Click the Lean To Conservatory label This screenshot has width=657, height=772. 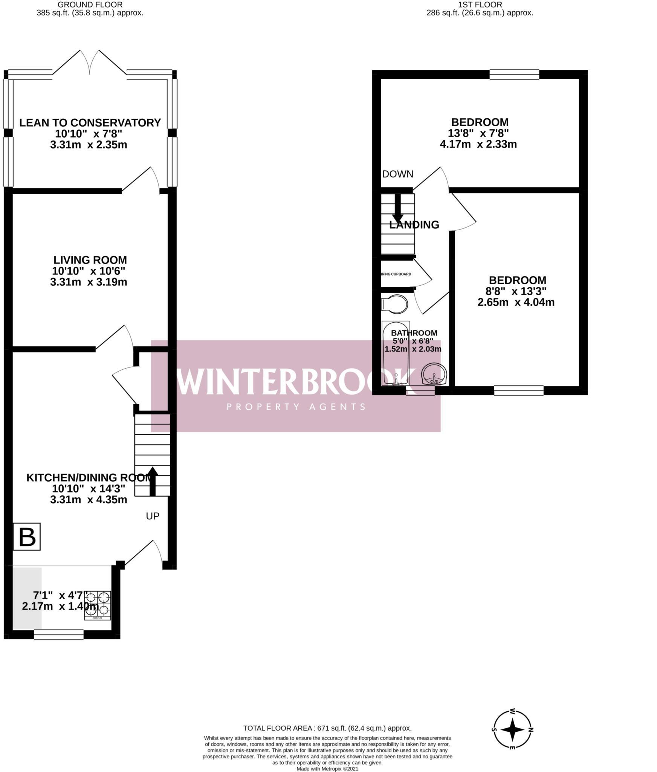click(x=90, y=123)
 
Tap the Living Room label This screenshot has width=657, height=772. click(x=90, y=260)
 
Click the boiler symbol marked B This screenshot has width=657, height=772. click(x=27, y=536)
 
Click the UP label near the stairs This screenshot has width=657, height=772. click(x=153, y=516)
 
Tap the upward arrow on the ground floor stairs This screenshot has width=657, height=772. click(x=153, y=481)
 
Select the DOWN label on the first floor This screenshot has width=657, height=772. click(x=398, y=174)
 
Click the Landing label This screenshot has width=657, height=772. click(x=414, y=225)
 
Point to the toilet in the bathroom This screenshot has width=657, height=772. click(x=394, y=304)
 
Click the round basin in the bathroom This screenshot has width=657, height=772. click(x=434, y=374)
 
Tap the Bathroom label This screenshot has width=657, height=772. click(x=414, y=333)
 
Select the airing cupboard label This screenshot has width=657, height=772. click(x=396, y=274)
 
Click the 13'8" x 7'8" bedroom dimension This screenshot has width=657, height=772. click(x=478, y=133)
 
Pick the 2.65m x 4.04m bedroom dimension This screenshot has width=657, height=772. click(x=516, y=302)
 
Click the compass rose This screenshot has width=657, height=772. click(x=513, y=729)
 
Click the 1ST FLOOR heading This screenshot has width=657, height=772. click(x=480, y=5)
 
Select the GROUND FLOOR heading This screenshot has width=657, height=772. click(x=90, y=5)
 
